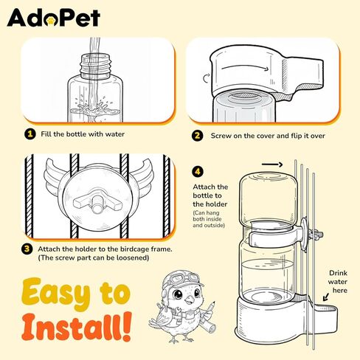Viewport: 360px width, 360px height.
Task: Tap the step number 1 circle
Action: (x=30, y=134)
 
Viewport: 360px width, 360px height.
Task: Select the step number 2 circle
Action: (x=197, y=136)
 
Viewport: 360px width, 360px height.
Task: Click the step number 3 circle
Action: (x=27, y=249)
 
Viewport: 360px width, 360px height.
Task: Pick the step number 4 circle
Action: (x=198, y=171)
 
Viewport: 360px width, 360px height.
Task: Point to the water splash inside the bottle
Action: (x=94, y=109)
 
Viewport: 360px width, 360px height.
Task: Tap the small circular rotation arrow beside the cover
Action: (x=207, y=78)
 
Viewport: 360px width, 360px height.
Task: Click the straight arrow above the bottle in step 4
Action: (x=272, y=165)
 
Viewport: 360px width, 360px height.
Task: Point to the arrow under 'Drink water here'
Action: (x=325, y=297)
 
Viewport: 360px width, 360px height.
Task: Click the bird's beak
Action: (x=189, y=299)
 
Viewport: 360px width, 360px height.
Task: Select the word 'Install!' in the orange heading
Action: (x=76, y=326)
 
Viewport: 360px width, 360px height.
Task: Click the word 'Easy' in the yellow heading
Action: (x=55, y=294)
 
